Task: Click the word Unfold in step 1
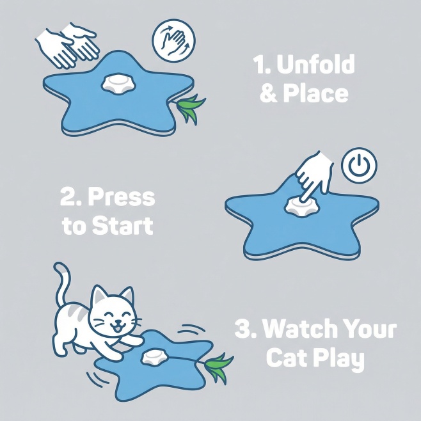316,64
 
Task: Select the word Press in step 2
122,197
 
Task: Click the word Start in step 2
122,225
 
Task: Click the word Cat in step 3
287,358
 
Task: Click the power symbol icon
359,165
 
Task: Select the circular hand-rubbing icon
174,41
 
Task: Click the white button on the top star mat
118,84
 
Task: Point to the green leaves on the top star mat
189,107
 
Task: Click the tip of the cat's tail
56,266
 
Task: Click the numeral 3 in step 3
243,328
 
